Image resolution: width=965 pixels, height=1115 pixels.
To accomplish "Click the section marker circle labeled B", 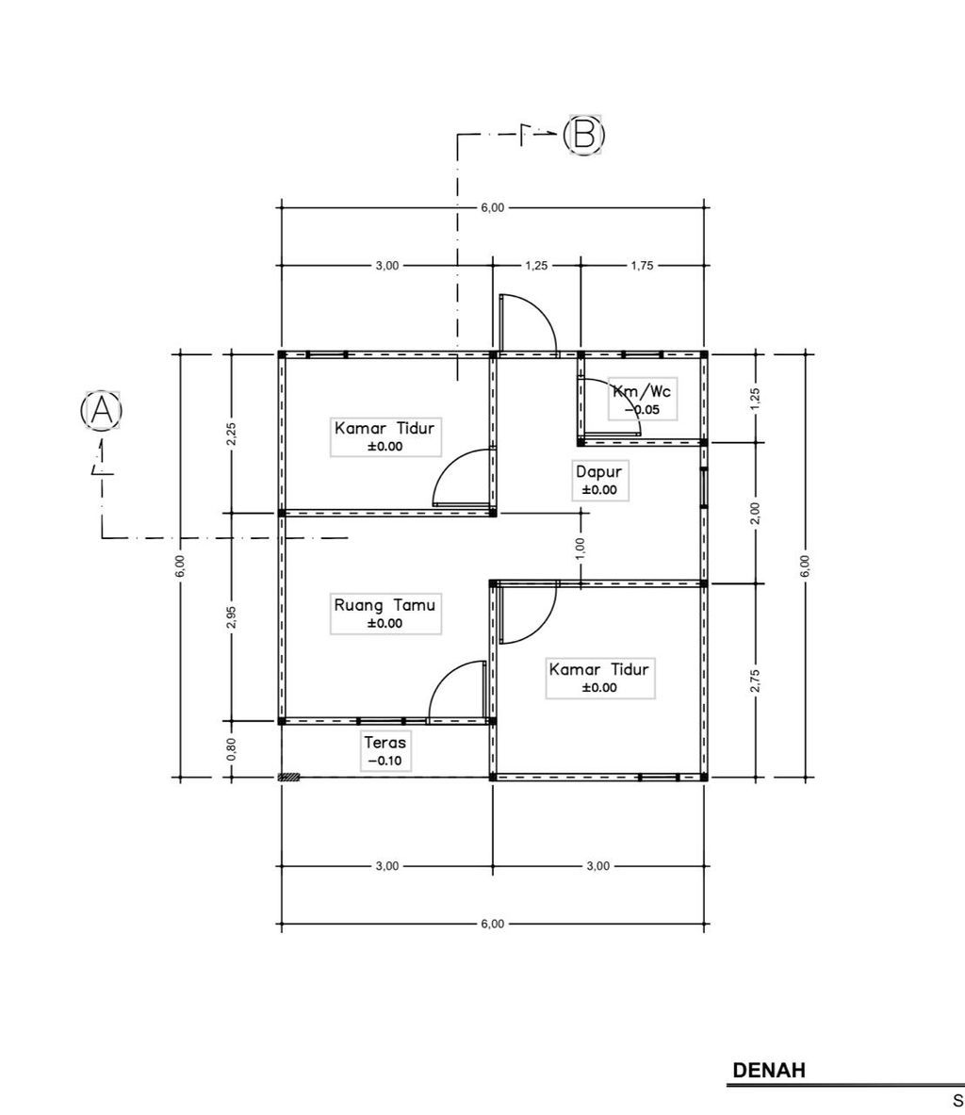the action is click(584, 134).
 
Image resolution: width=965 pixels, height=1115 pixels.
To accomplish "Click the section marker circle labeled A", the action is click(102, 410).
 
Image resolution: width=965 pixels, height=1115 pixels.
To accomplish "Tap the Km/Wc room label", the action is click(642, 390).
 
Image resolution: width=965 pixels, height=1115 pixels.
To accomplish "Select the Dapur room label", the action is click(598, 471).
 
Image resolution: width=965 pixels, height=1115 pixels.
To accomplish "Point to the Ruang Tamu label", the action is click(384, 605).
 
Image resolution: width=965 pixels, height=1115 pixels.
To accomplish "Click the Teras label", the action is click(384, 743).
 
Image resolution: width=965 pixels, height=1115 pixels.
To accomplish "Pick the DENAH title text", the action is click(769, 1070).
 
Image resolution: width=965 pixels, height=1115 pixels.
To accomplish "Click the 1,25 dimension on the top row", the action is click(536, 266).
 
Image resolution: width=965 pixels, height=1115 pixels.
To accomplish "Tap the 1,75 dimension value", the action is click(642, 266).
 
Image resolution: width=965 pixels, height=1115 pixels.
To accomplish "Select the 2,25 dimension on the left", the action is click(231, 434).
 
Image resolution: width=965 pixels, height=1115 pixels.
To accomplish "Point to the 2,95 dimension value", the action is click(231, 617).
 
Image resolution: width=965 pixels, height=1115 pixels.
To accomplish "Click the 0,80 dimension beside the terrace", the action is click(231, 749).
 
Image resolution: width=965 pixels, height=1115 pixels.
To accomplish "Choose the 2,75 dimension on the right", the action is click(755, 680).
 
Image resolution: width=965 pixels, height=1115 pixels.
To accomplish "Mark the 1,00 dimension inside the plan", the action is click(581, 549).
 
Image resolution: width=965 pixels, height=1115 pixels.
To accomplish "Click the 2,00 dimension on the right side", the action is click(755, 513).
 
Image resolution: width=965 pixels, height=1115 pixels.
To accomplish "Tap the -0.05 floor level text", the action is click(642, 410).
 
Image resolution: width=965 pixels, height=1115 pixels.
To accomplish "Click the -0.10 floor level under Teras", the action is click(384, 761).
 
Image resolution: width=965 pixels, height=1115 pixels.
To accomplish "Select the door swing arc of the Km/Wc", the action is click(612, 407).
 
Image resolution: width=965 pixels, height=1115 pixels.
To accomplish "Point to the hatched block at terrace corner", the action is click(288, 778).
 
